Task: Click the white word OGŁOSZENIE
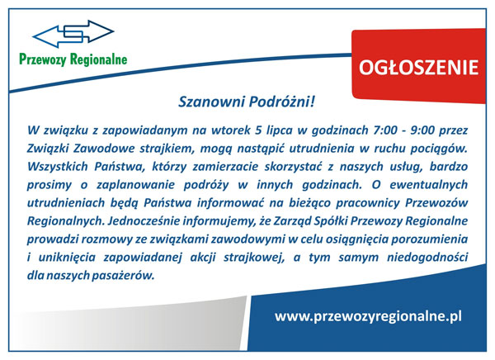pyautogui.click(x=418, y=68)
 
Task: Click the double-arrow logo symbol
pyautogui.click(x=73, y=34)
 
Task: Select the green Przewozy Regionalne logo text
pyautogui.click(x=73, y=59)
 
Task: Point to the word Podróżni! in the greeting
pyautogui.click(x=282, y=102)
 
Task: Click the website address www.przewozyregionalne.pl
pyautogui.click(x=368, y=316)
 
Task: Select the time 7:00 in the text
pyautogui.click(x=385, y=130)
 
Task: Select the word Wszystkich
pyautogui.click(x=58, y=167)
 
